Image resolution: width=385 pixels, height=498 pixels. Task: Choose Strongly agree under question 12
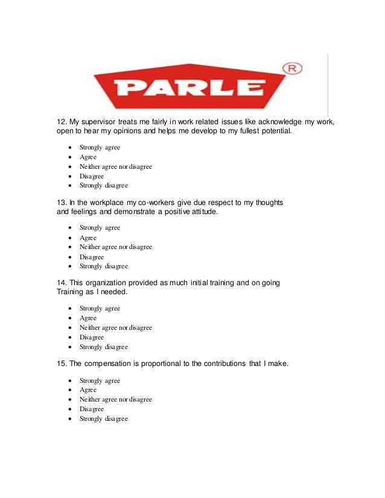tap(100, 148)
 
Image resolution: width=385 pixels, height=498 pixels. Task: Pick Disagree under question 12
tap(92, 176)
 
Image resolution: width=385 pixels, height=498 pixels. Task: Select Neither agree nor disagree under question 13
tap(115, 247)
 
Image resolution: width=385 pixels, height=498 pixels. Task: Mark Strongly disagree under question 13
tap(103, 266)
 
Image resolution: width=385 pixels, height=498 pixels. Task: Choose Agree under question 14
tap(88, 318)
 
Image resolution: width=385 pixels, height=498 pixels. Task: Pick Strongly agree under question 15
tap(100, 381)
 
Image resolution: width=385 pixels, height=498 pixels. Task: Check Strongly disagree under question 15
tap(103, 419)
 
